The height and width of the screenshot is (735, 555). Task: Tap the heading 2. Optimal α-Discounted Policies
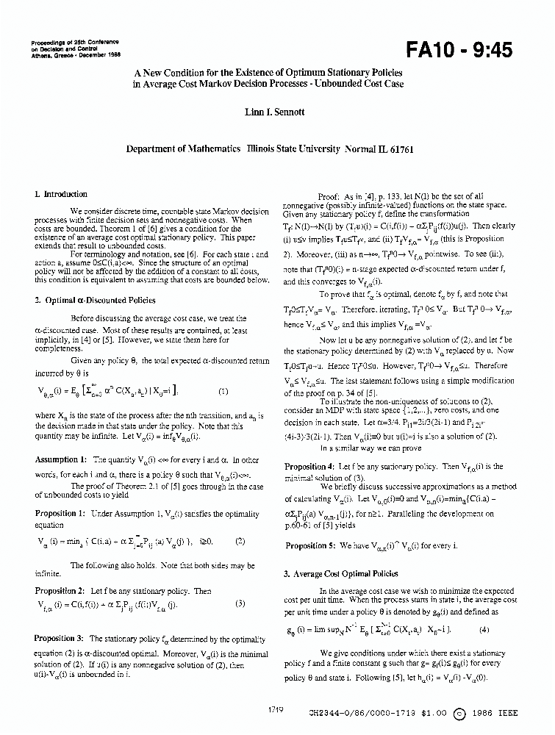[85, 300]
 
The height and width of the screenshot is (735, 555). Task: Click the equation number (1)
[223, 392]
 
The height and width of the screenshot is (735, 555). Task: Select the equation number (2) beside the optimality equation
[240, 540]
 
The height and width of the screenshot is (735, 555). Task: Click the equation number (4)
[484, 629]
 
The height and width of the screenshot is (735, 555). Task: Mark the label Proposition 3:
[60, 639]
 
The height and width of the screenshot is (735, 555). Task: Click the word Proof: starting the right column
[328, 197]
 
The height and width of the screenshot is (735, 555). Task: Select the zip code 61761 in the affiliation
[398, 148]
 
